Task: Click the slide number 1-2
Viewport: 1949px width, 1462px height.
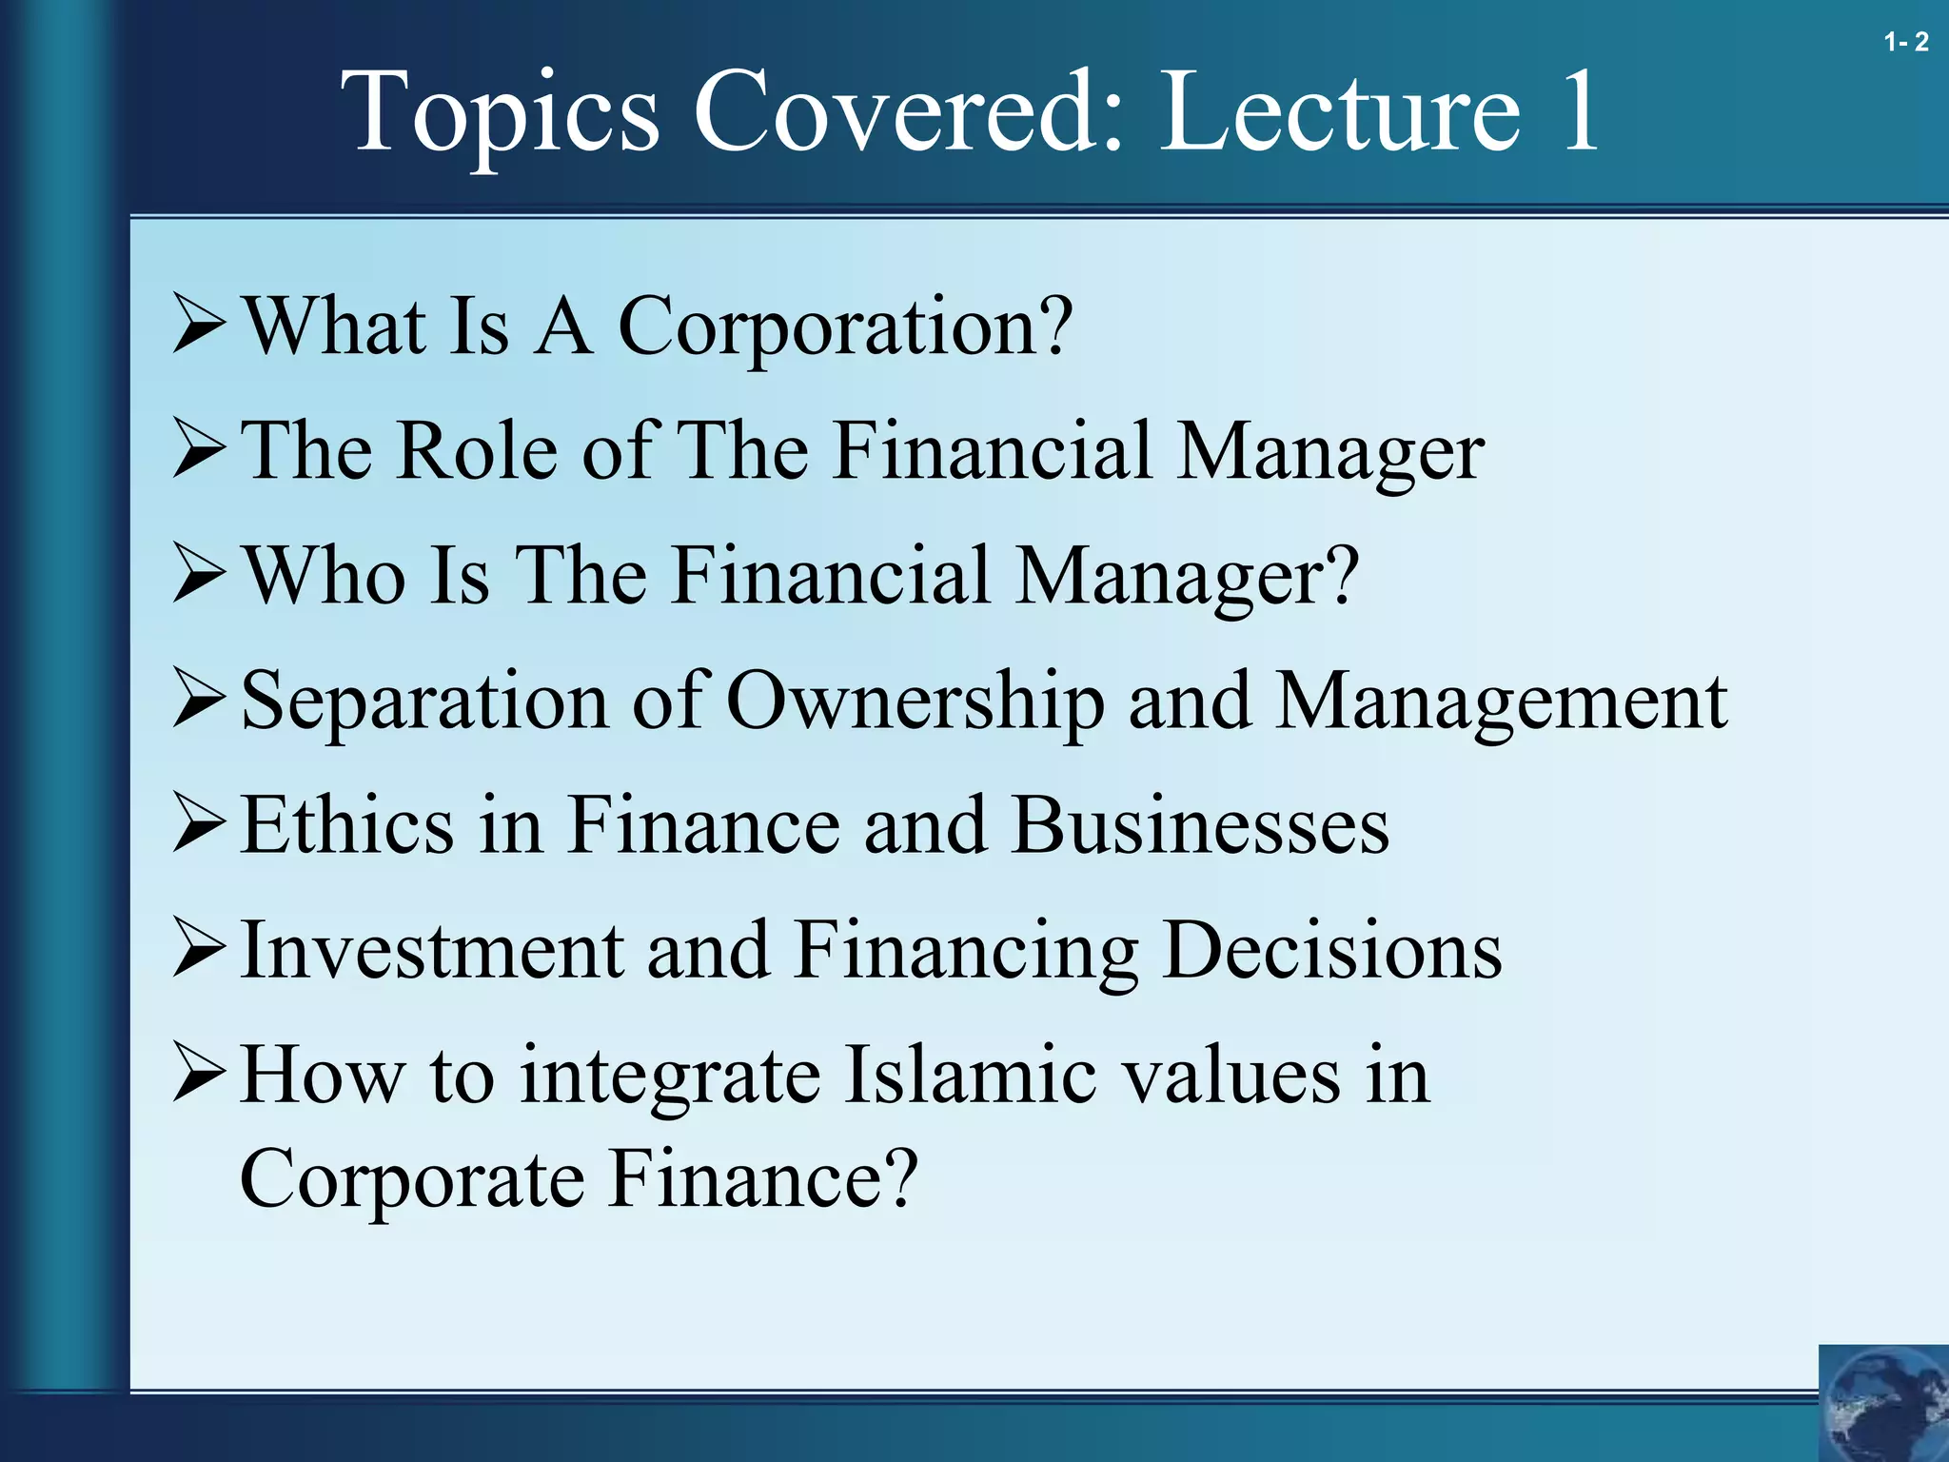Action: (x=1906, y=42)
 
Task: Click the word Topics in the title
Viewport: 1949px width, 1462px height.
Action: (x=500, y=112)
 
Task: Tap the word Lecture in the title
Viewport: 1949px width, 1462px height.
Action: (x=1341, y=112)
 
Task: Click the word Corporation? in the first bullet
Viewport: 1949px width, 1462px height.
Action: (x=845, y=326)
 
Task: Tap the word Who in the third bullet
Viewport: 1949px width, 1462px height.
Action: (x=325, y=575)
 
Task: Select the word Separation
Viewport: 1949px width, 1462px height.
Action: (x=424, y=702)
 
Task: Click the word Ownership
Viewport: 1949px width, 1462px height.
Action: (x=915, y=702)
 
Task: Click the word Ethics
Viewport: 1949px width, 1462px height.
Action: (x=346, y=824)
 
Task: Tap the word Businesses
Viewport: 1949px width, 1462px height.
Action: (x=1200, y=824)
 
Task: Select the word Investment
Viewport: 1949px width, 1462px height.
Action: (x=432, y=950)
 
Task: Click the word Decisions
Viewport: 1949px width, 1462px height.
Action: (x=1332, y=950)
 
